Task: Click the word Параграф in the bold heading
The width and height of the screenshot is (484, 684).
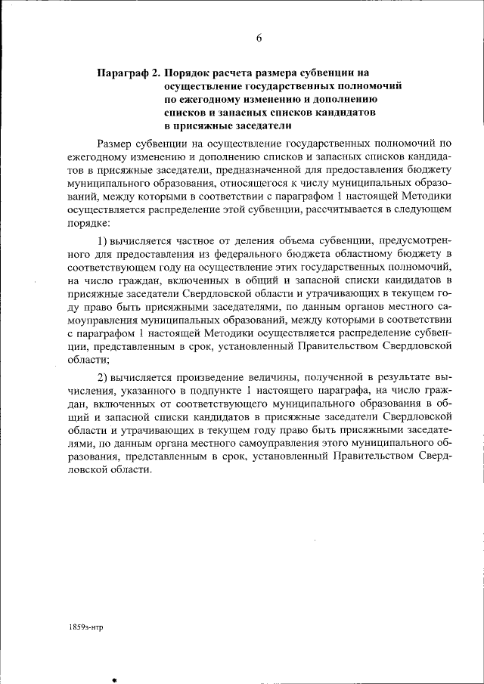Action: pyautogui.click(x=123, y=74)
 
